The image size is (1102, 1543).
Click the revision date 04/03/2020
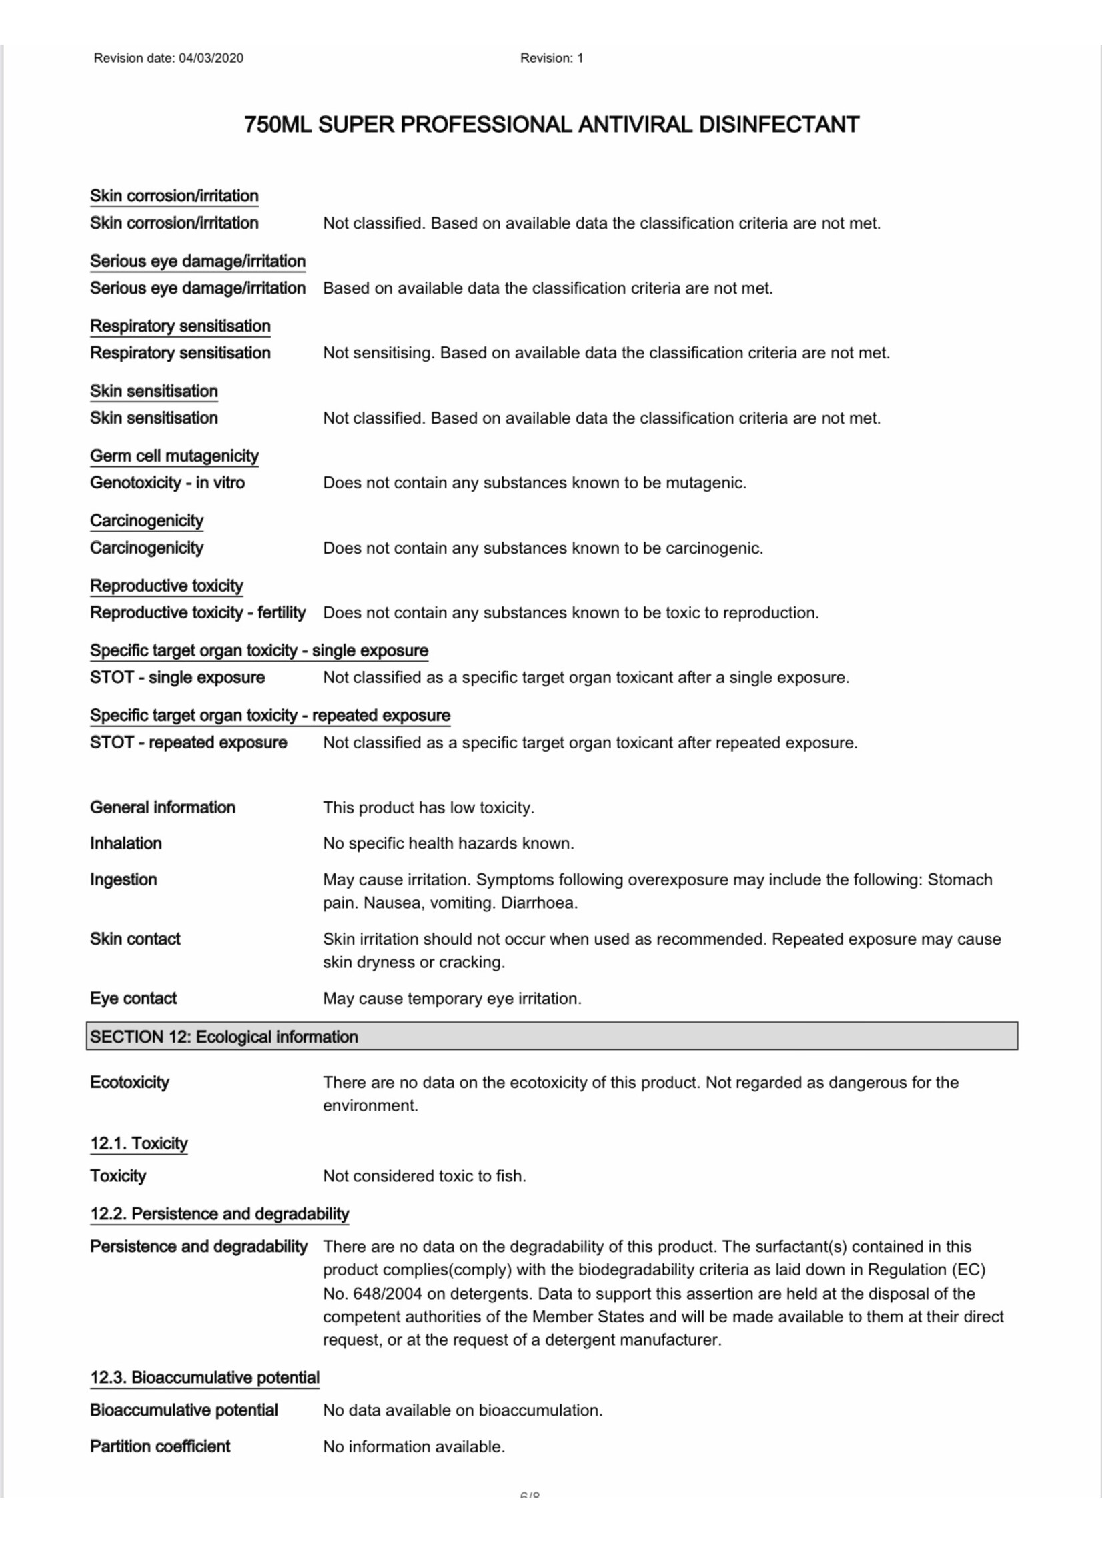(x=210, y=58)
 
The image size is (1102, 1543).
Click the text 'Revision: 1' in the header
(x=551, y=58)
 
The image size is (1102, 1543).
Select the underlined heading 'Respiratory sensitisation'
(x=180, y=326)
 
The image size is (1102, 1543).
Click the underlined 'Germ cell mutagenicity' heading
(x=174, y=456)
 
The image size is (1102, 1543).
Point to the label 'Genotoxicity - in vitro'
(x=167, y=483)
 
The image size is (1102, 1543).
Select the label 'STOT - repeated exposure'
(x=188, y=743)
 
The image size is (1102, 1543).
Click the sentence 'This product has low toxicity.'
(x=428, y=807)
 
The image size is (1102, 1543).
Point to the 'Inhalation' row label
(x=125, y=843)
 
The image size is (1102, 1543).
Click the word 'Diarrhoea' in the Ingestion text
(x=538, y=903)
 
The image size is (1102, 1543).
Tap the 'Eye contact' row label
(x=133, y=999)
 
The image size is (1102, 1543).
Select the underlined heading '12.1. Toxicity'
(x=139, y=1143)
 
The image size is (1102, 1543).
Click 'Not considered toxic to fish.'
(x=424, y=1176)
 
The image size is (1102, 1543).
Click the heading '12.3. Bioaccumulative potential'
(x=204, y=1378)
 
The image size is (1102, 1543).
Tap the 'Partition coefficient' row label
(x=159, y=1447)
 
